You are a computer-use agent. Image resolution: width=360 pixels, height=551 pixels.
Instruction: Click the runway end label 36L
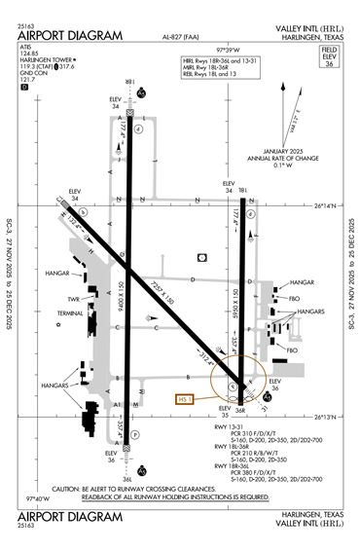(x=127, y=478)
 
